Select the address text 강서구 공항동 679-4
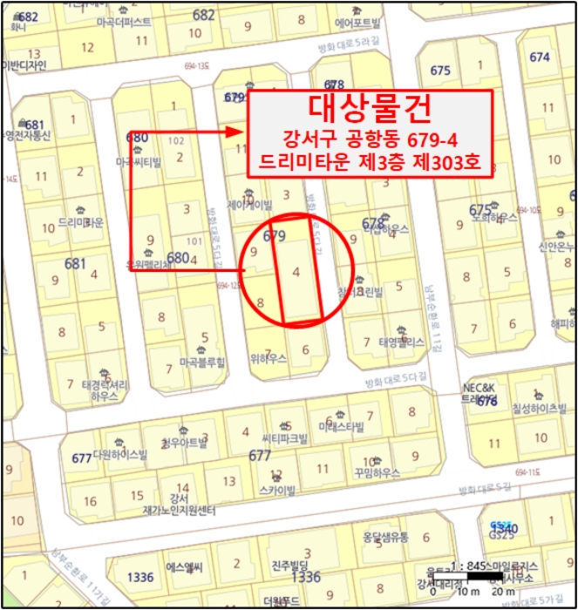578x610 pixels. click(371, 139)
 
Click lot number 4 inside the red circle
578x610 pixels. click(297, 272)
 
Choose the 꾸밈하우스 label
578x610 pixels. click(377, 472)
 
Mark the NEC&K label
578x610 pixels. click(479, 385)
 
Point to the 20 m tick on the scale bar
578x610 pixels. click(502, 593)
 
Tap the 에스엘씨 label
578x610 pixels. click(184, 566)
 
